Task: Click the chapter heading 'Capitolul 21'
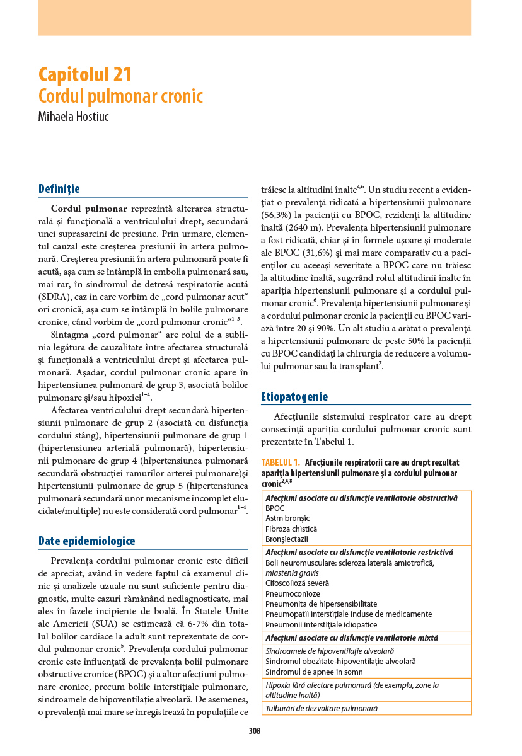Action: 85,74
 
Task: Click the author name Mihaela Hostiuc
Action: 74,117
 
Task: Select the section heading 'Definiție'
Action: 59,188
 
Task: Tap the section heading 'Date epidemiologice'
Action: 86,541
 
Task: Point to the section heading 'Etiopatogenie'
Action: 294,397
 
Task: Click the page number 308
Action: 255,731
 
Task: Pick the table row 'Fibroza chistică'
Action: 291,529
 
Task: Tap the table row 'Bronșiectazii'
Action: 287,539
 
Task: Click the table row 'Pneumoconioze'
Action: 293,593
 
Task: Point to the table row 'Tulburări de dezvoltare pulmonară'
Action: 322,708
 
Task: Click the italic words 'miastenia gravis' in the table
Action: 292,573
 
